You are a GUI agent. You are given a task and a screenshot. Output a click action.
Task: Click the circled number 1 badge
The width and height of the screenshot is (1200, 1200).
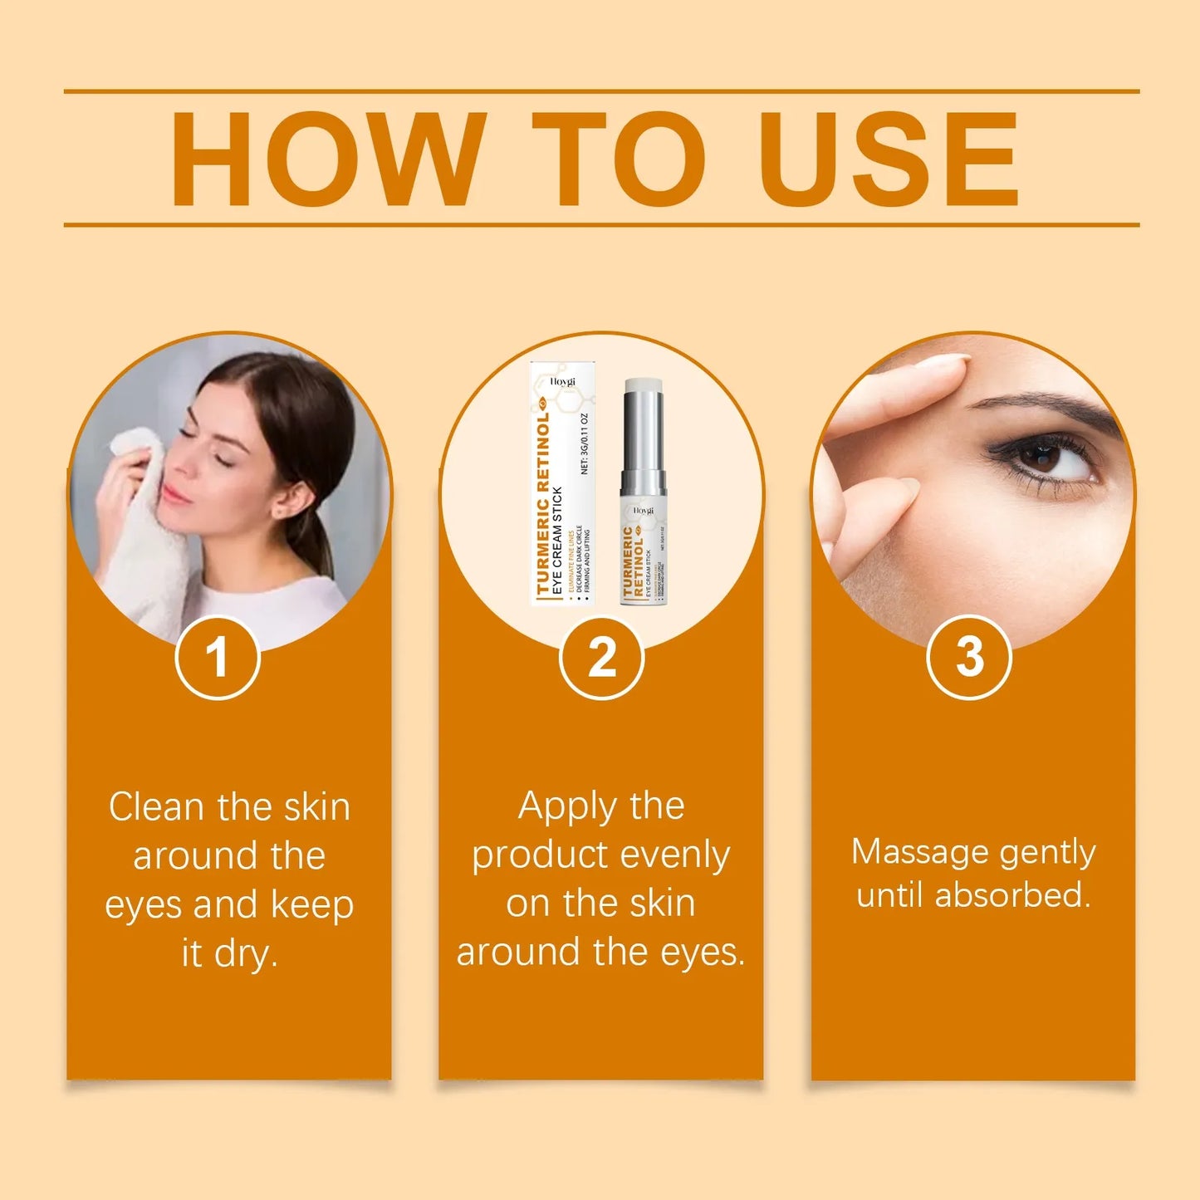point(218,658)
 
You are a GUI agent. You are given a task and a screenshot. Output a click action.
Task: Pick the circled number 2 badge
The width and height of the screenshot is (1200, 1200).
point(601,658)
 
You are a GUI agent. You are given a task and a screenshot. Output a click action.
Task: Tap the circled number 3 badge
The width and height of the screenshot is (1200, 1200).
point(968,657)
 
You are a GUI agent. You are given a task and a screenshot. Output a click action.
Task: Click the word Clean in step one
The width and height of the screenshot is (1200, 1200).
point(156,807)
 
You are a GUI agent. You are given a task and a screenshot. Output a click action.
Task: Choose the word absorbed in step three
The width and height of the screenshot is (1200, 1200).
point(1012,896)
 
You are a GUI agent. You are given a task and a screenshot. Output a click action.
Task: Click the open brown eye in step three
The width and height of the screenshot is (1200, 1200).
point(1042,456)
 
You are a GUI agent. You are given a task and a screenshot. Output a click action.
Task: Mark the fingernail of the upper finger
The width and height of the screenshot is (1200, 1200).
point(943,361)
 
